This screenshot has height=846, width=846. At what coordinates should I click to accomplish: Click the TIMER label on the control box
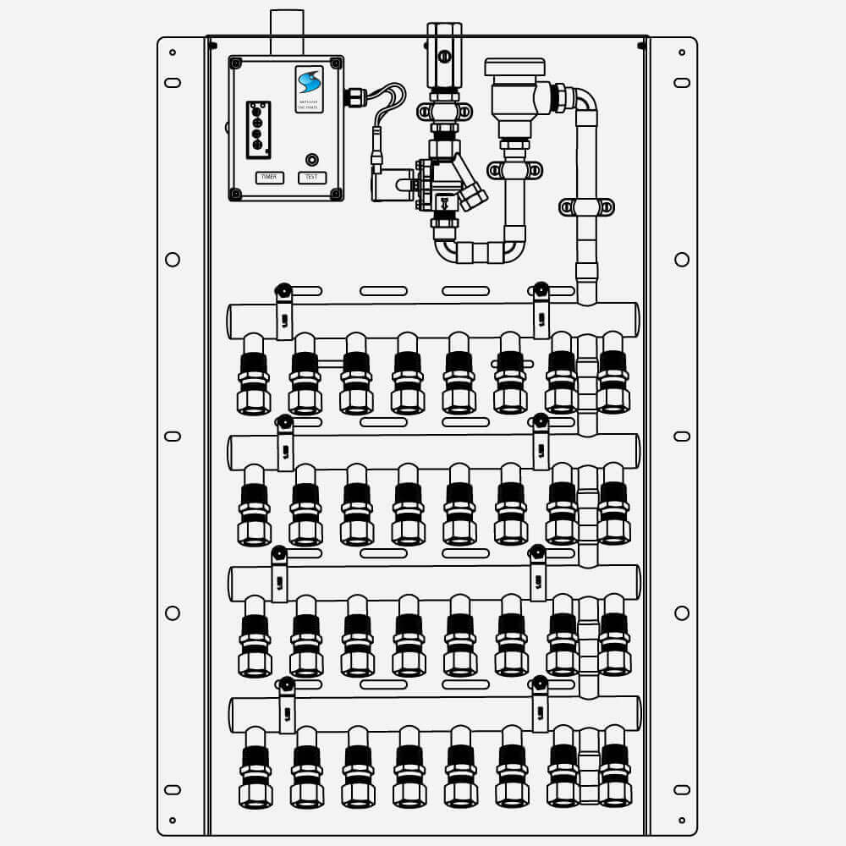[x=269, y=178]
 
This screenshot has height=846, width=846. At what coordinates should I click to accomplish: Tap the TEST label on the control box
[x=311, y=178]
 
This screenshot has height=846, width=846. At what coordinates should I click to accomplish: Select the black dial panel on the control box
[x=259, y=129]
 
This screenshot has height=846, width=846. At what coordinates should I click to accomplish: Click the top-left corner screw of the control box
[x=236, y=63]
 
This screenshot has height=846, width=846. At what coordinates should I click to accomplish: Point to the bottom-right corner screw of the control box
[x=336, y=194]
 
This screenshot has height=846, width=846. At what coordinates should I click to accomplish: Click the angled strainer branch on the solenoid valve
[x=472, y=190]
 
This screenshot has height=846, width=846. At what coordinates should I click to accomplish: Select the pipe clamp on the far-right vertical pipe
[x=585, y=206]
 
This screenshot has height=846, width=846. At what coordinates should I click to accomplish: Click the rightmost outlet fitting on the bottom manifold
[x=614, y=770]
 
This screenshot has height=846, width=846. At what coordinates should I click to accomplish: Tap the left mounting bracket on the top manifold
[x=284, y=313]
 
